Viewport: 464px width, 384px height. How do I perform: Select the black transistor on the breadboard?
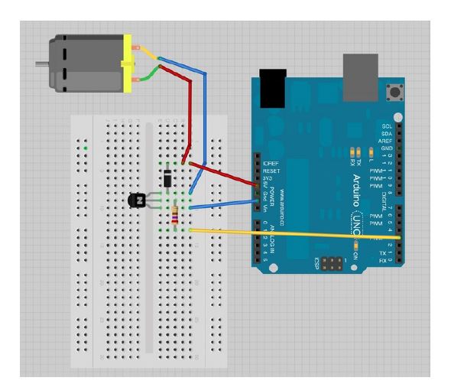(138, 200)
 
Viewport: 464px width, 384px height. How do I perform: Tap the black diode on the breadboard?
(167, 179)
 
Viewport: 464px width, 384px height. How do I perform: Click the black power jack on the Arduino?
(272, 87)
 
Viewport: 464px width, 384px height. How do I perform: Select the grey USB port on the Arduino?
(360, 77)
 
